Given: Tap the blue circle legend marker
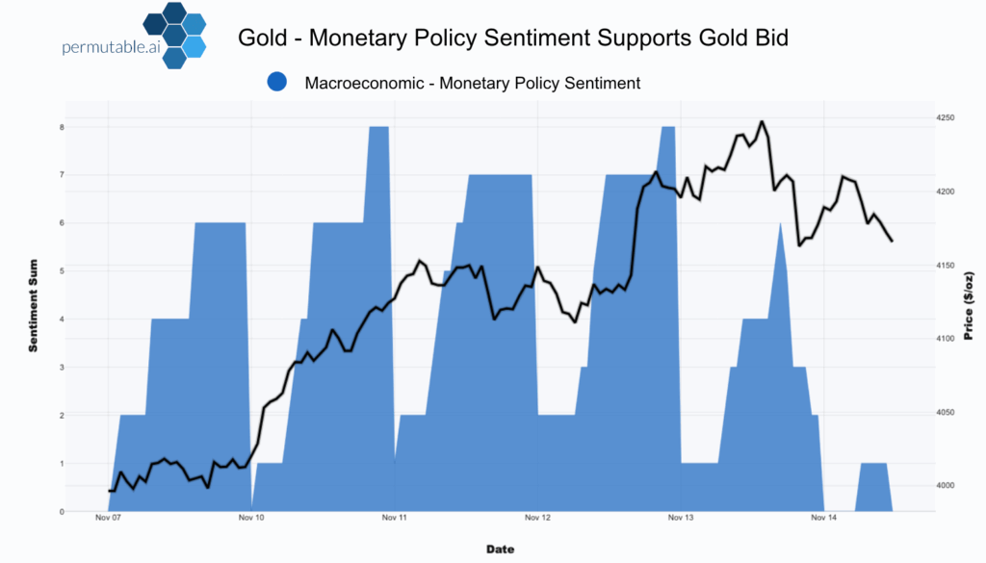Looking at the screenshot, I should pos(278,83).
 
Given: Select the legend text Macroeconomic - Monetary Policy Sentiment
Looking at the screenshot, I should pos(472,83).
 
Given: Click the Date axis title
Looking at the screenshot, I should pos(500,550).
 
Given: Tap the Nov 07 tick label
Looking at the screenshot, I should pos(109,519).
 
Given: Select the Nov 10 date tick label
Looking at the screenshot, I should pos(251,519).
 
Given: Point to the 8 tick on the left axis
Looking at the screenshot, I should pos(62,127).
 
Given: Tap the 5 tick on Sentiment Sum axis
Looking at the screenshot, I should pos(62,271).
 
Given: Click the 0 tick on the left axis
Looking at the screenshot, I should pos(62,512).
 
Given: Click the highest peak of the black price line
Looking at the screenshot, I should pos(762,122).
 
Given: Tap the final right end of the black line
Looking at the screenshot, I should pos(892,241).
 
